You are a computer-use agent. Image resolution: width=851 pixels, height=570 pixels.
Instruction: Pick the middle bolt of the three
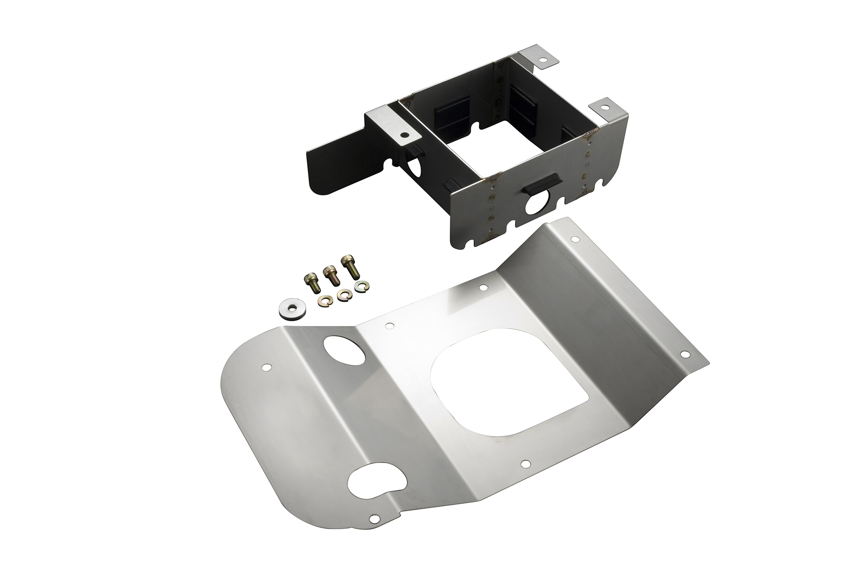coord(330,275)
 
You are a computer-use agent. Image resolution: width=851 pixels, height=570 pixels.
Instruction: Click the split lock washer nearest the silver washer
coord(323,301)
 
